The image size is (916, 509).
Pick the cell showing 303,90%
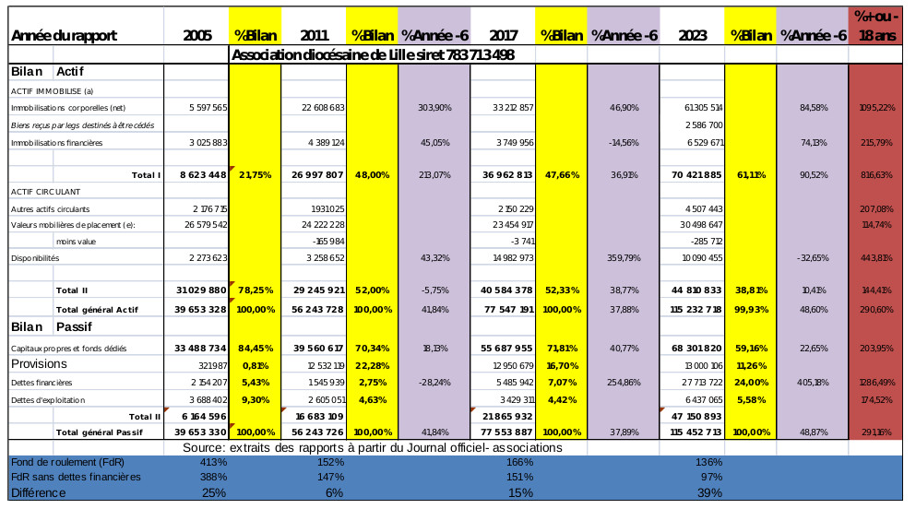(434, 108)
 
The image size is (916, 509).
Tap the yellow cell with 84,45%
(254, 348)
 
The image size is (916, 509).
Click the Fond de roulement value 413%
(214, 461)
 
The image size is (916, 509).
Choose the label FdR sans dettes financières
(75, 477)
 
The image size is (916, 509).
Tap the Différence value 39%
(709, 492)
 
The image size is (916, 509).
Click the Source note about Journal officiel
(373, 447)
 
